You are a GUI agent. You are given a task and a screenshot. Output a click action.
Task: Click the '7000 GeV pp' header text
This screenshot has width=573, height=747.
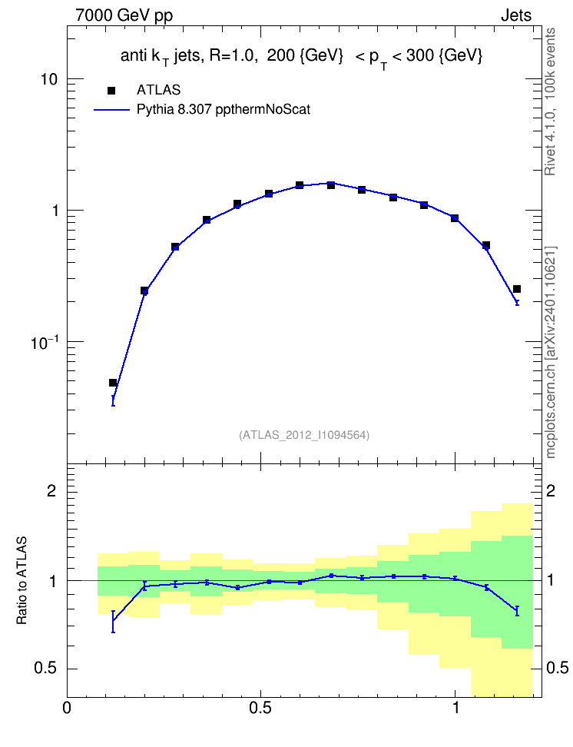pos(124,15)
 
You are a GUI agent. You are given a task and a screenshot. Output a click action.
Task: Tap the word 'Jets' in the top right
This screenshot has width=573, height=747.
pos(516,15)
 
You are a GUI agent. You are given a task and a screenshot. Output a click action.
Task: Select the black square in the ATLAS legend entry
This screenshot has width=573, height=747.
pos(111,90)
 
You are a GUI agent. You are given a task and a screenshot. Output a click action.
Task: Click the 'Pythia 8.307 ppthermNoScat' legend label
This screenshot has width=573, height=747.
pos(224,110)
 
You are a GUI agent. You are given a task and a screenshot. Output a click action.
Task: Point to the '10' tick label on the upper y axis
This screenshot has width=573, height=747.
pos(48,79)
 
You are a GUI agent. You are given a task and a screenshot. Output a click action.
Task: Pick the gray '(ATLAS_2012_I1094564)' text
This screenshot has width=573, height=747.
pos(304,434)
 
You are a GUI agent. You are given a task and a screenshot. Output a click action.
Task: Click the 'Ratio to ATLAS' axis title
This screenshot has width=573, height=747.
pos(22,580)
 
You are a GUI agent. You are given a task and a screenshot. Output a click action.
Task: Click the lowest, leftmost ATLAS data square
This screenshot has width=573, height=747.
pos(113,383)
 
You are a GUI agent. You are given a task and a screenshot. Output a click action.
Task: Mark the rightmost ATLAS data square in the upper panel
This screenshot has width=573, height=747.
pos(517,289)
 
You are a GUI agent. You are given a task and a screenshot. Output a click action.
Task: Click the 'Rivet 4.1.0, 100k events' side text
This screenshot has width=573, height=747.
pos(550,101)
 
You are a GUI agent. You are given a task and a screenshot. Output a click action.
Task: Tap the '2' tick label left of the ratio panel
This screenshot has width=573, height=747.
pos(51,490)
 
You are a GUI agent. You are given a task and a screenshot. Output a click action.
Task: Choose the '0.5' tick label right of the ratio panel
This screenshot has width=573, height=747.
pos(558,668)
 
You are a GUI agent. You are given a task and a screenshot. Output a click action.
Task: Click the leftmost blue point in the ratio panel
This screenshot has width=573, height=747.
pos(113,621)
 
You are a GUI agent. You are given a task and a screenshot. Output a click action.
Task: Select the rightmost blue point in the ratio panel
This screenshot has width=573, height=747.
pos(517,611)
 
